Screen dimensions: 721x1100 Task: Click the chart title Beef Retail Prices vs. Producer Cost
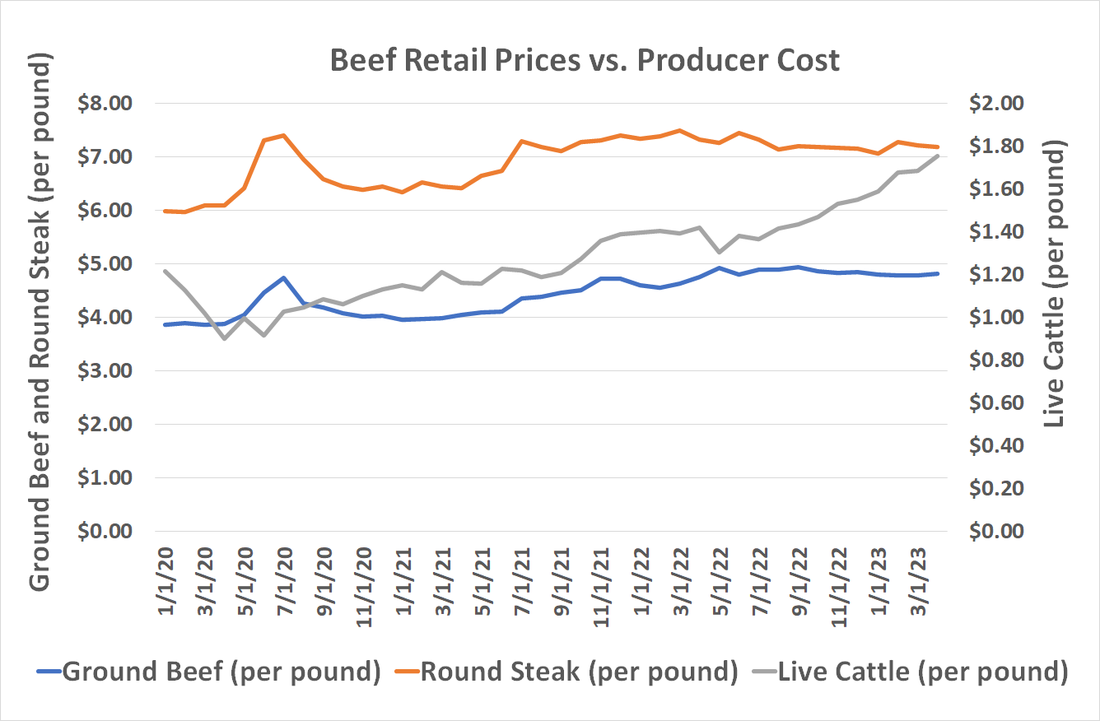(x=585, y=61)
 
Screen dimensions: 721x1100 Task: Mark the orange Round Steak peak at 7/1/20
(x=283, y=135)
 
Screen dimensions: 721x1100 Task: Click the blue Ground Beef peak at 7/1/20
(x=283, y=278)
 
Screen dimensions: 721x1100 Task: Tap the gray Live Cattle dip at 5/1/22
(x=720, y=252)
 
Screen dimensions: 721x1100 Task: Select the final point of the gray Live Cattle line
(x=938, y=156)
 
